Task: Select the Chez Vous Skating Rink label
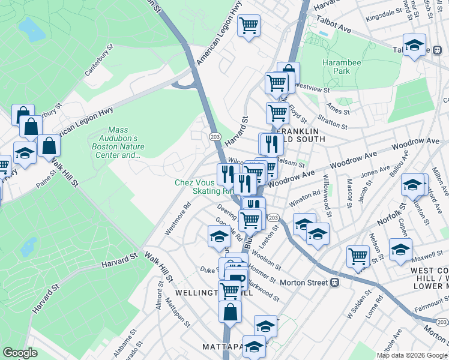(203, 187)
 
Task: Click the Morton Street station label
(306, 282)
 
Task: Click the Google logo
(20, 353)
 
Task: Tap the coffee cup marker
(236, 277)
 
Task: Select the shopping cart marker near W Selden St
(358, 256)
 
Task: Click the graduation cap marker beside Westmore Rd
(219, 237)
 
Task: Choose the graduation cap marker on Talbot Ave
(414, 45)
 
